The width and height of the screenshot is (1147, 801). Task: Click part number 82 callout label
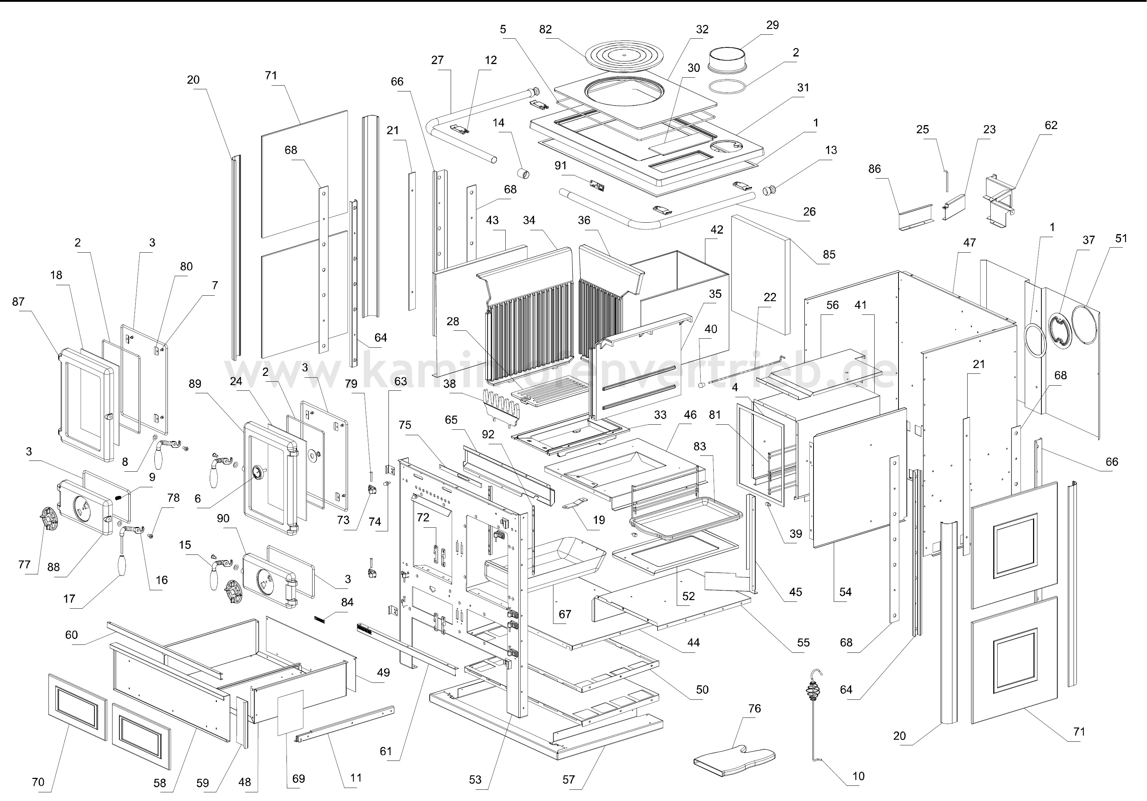tap(545, 29)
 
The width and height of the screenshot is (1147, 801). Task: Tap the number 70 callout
tap(38, 782)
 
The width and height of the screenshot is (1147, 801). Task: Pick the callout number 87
tap(18, 301)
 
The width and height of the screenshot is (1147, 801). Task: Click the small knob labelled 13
tap(769, 190)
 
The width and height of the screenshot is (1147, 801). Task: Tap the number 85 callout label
tap(829, 254)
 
